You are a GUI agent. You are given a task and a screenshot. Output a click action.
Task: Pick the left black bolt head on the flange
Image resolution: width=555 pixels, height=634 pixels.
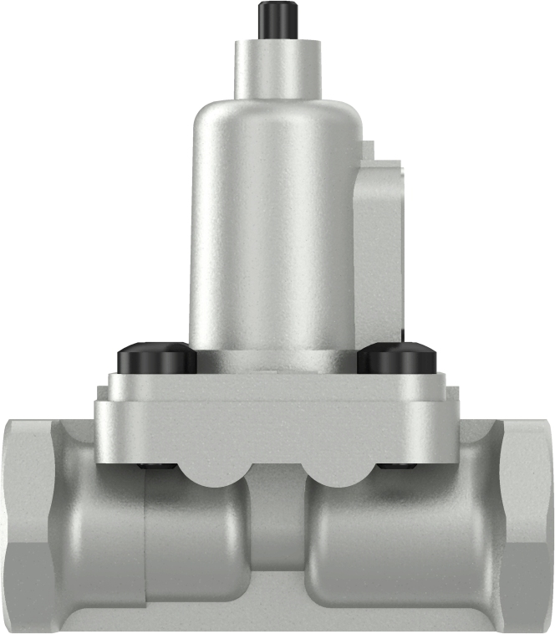click(x=156, y=359)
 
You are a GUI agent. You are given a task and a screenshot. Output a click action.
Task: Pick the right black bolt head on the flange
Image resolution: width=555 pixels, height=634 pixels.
click(x=397, y=359)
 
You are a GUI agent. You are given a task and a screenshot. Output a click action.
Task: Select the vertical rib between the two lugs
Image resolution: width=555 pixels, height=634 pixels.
click(x=277, y=519)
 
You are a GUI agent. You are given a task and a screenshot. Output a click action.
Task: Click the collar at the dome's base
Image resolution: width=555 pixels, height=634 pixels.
click(x=276, y=360)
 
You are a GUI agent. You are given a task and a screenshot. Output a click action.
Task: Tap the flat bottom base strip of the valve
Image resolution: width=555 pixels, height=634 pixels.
click(x=276, y=619)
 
